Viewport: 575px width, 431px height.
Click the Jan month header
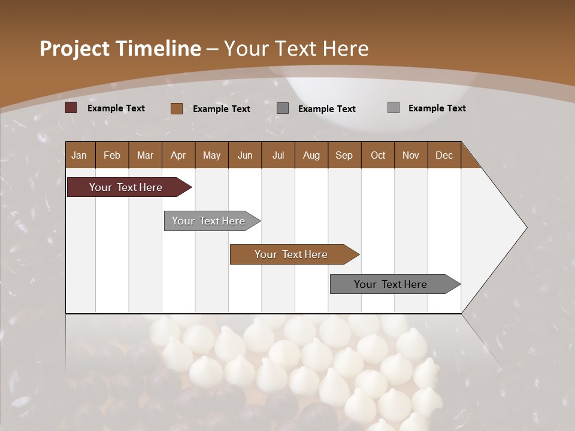click(79, 155)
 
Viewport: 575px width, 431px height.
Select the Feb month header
click(112, 155)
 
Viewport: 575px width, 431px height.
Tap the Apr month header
click(178, 155)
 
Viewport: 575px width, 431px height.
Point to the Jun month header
click(245, 155)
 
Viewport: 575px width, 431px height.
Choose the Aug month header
click(311, 155)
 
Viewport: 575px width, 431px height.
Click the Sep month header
click(344, 155)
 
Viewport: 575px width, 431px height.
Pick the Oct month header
click(378, 155)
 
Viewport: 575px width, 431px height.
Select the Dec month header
click(444, 155)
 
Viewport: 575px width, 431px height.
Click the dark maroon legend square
click(71, 108)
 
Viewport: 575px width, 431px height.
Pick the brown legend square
click(177, 108)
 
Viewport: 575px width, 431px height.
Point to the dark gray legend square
click(283, 108)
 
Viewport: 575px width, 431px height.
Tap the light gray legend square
click(394, 108)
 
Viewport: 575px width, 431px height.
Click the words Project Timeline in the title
click(120, 48)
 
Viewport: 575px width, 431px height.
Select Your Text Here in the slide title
click(296, 48)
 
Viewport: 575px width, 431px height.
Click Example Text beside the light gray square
click(437, 108)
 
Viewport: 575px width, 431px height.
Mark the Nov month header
click(411, 155)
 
